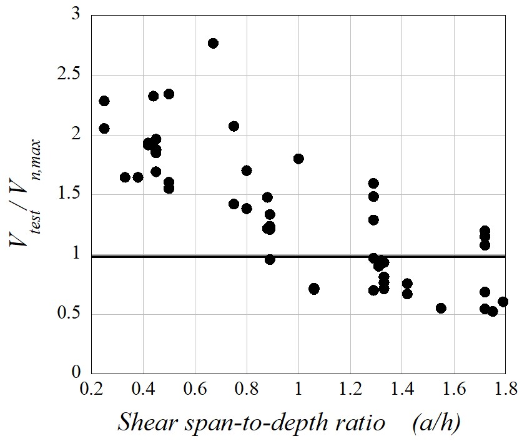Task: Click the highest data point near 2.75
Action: pyautogui.click(x=213, y=43)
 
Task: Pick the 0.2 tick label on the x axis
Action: pyautogui.click(x=91, y=390)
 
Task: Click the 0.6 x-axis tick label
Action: pyautogui.click(x=195, y=390)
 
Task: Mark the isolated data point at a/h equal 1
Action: pyautogui.click(x=298, y=159)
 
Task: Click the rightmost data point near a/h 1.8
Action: pyautogui.click(x=503, y=302)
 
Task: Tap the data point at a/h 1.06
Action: pyautogui.click(x=314, y=289)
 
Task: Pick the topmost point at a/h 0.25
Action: pyautogui.click(x=104, y=101)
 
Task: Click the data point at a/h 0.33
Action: pyautogui.click(x=125, y=177)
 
